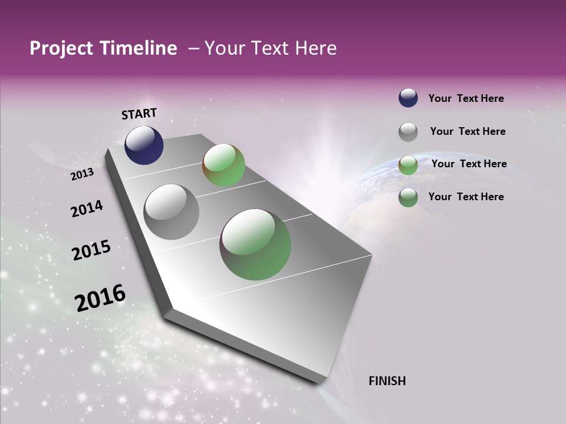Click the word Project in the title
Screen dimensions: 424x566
point(61,49)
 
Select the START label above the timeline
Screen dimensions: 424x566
point(139,114)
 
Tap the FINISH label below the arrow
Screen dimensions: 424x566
point(387,381)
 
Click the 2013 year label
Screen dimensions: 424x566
point(82,174)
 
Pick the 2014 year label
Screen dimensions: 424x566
point(87,209)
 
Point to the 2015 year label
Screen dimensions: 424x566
point(91,251)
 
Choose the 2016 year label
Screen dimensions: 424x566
point(100,298)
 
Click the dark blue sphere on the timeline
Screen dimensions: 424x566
point(144,145)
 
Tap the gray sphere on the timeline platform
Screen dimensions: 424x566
point(172,212)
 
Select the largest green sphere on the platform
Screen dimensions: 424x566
point(255,244)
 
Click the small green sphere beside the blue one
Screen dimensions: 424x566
point(224,165)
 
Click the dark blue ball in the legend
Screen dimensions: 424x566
point(408,98)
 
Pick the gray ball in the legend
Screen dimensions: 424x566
point(408,132)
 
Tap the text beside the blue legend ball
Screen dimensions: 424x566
point(466,98)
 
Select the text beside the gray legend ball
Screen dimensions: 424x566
point(468,131)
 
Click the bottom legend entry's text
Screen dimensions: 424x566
point(466,197)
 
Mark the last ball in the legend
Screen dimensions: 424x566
point(408,197)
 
